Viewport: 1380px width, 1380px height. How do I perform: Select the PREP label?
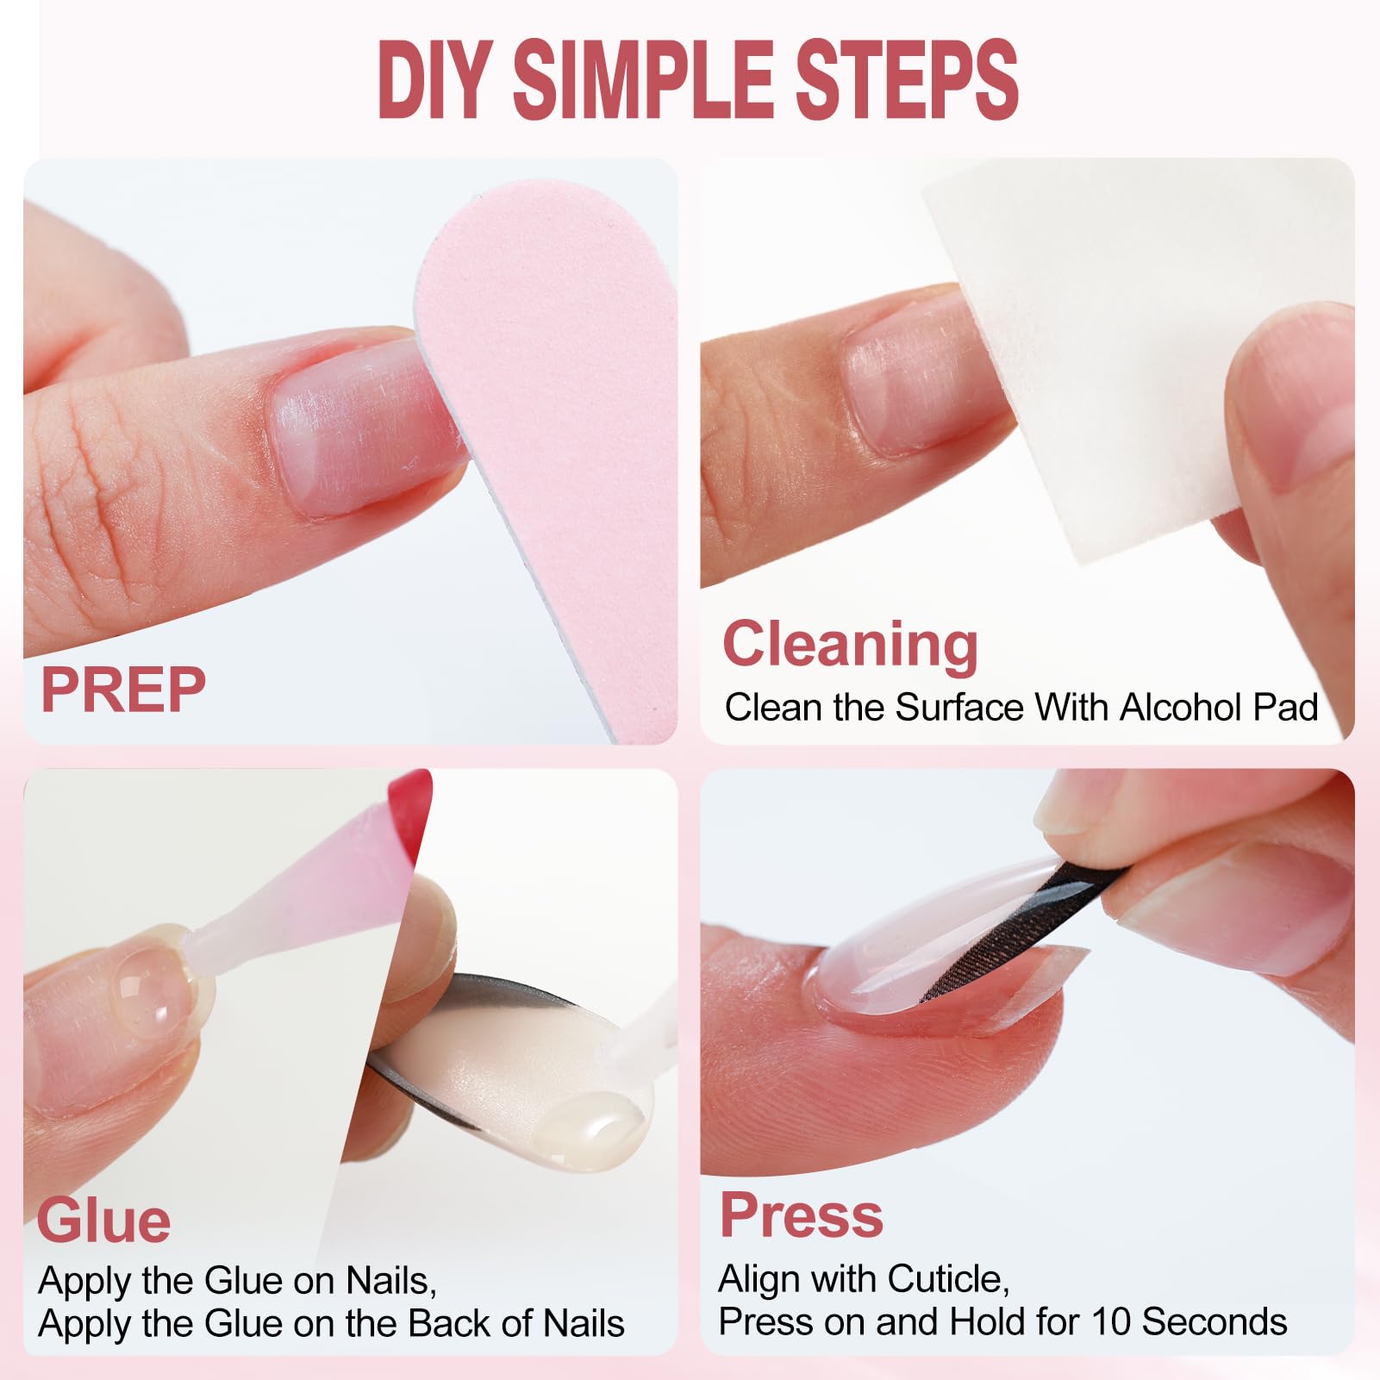[x=123, y=690]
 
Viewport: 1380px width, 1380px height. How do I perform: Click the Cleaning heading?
[x=851, y=645]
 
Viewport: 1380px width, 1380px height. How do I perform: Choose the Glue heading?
[x=103, y=1221]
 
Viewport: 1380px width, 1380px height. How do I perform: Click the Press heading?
[x=802, y=1215]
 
